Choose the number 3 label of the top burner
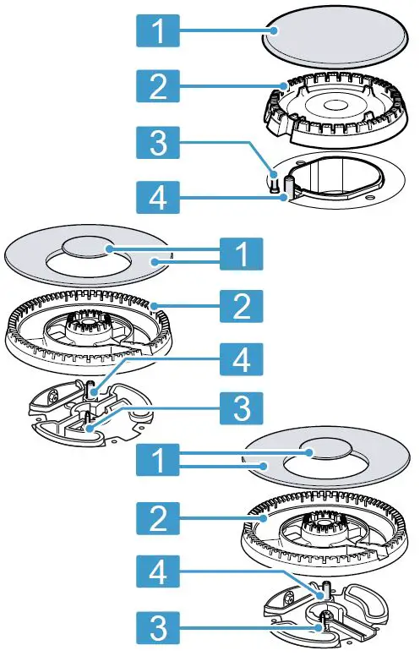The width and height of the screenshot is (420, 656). [x=156, y=145]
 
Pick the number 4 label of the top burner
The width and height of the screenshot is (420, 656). [x=156, y=200]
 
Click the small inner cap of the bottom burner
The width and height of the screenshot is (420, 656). [x=311, y=455]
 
